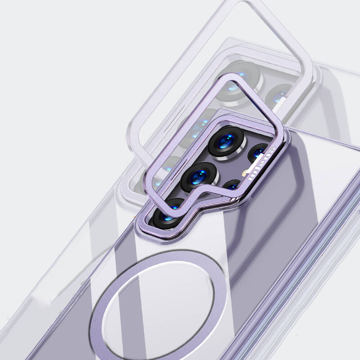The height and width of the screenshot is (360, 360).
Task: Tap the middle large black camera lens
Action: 199,177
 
